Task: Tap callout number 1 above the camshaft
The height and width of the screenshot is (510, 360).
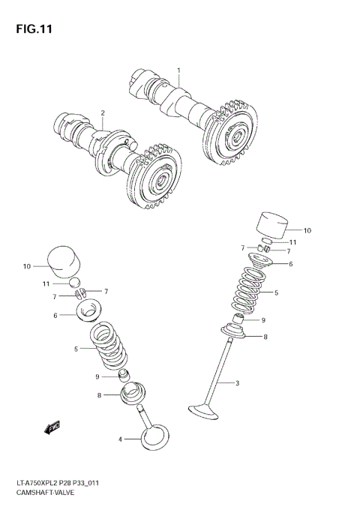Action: [178, 70]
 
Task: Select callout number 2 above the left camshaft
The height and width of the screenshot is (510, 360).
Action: [103, 113]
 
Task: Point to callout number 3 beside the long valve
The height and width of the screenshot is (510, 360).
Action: [237, 384]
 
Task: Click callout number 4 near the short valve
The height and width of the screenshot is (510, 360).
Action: [119, 439]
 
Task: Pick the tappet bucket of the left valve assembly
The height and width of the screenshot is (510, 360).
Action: [63, 262]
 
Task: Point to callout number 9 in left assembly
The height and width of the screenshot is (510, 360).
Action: [97, 376]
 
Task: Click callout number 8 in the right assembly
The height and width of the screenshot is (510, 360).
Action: [264, 337]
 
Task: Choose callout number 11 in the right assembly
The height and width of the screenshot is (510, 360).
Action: [293, 242]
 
